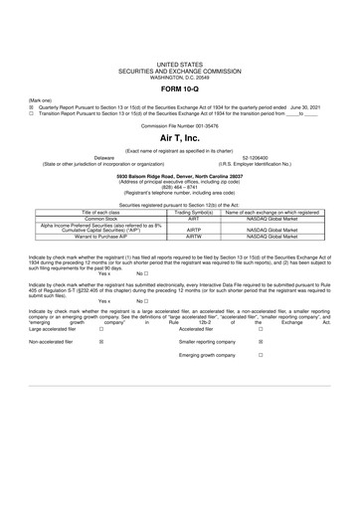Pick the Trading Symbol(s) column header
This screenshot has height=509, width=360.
tap(195, 213)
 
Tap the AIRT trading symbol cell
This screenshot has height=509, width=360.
tap(195, 219)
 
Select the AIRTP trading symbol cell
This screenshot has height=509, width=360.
tap(195, 228)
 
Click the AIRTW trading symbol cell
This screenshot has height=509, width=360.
tap(195, 237)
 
